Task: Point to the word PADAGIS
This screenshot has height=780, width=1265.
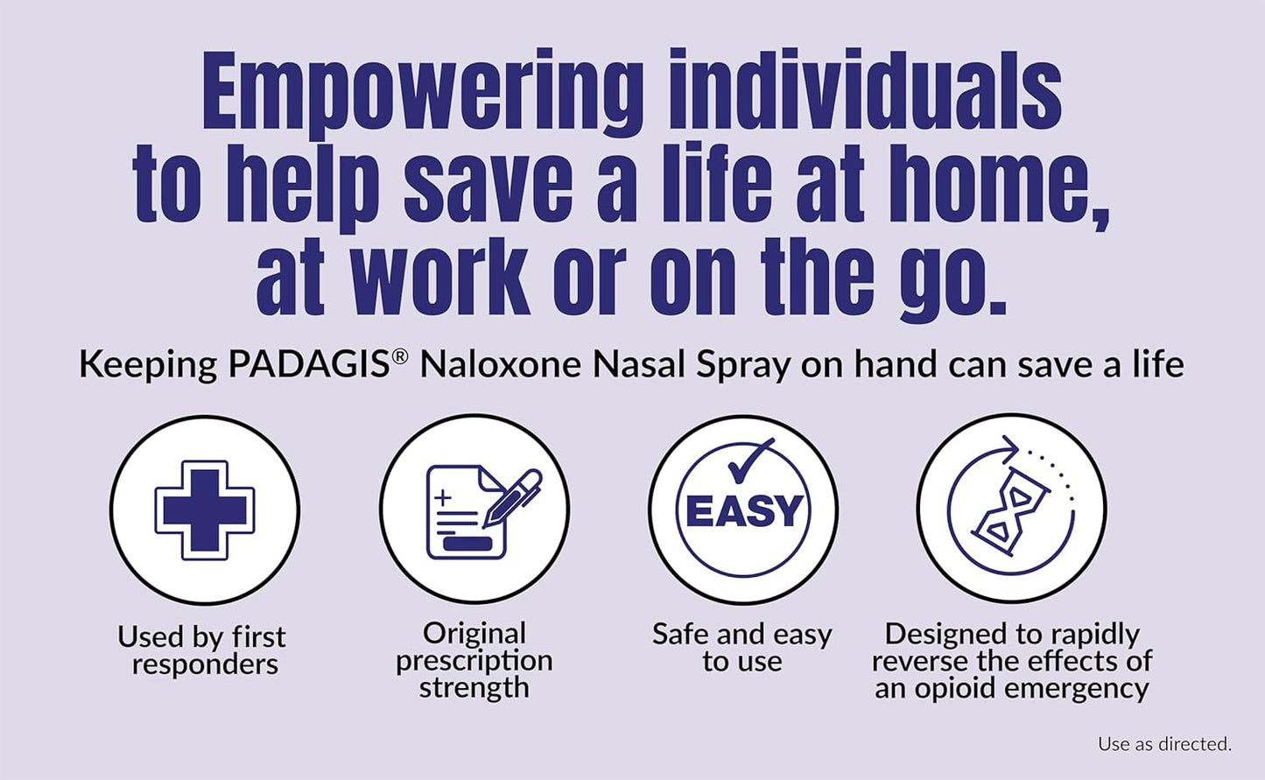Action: [308, 364]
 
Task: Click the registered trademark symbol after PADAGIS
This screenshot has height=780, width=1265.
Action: [400, 357]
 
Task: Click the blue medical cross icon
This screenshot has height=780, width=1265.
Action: [205, 509]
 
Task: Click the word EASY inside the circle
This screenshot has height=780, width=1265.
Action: [743, 512]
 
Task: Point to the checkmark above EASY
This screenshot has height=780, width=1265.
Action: [749, 459]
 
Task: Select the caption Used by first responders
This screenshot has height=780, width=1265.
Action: [202, 650]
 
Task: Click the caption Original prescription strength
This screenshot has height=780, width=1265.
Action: [474, 660]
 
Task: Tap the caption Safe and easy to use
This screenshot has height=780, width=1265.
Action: [741, 647]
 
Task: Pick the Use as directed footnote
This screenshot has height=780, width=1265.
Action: [1164, 744]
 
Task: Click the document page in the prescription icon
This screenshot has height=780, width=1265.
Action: [460, 515]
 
